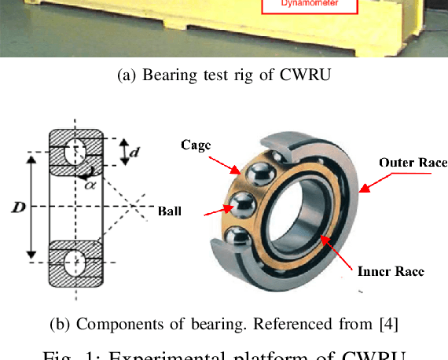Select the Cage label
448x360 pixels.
196,145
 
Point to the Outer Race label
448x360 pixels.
413,163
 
